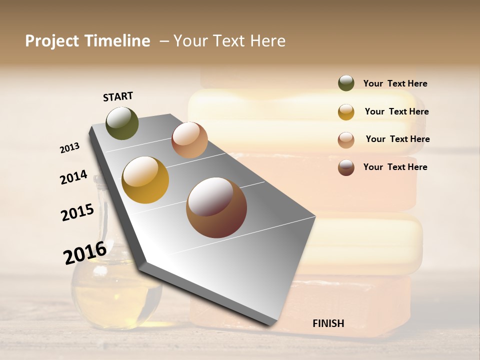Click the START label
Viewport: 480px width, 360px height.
[x=118, y=96]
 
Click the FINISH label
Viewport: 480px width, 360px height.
[x=328, y=323]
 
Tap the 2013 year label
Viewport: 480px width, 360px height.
[x=69, y=148]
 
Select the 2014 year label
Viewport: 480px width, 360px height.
[x=73, y=177]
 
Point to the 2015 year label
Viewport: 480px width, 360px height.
[x=77, y=212]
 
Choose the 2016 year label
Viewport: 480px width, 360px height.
[x=85, y=252]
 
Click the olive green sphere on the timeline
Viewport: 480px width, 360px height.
[x=122, y=123]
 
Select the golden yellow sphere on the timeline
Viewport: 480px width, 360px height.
[x=145, y=180]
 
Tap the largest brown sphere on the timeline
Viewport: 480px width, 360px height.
[x=216, y=207]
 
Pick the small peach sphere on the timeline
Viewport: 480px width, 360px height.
[x=189, y=140]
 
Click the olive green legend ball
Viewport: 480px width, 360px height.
[x=346, y=83]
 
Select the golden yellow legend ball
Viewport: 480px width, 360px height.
[x=346, y=111]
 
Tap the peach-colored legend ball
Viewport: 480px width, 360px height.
[x=346, y=139]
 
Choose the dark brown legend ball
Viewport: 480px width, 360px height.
[x=346, y=167]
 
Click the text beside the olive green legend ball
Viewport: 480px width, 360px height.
[x=395, y=83]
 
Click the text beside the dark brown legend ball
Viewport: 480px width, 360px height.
[x=395, y=167]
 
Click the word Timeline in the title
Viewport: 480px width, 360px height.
[x=118, y=41]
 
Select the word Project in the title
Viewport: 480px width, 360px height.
[x=52, y=41]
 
